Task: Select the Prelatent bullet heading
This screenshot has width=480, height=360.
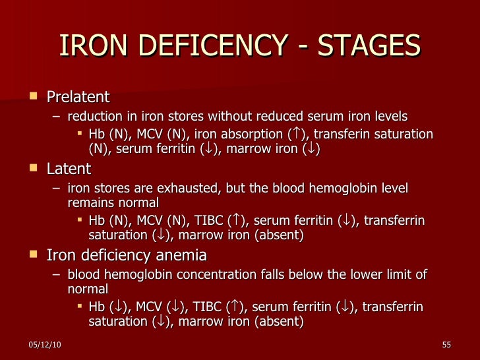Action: click(x=78, y=98)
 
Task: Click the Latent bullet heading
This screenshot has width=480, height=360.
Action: click(x=69, y=169)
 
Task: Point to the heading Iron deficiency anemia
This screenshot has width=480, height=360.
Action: click(x=127, y=255)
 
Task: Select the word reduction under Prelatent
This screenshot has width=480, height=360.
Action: click(x=95, y=117)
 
